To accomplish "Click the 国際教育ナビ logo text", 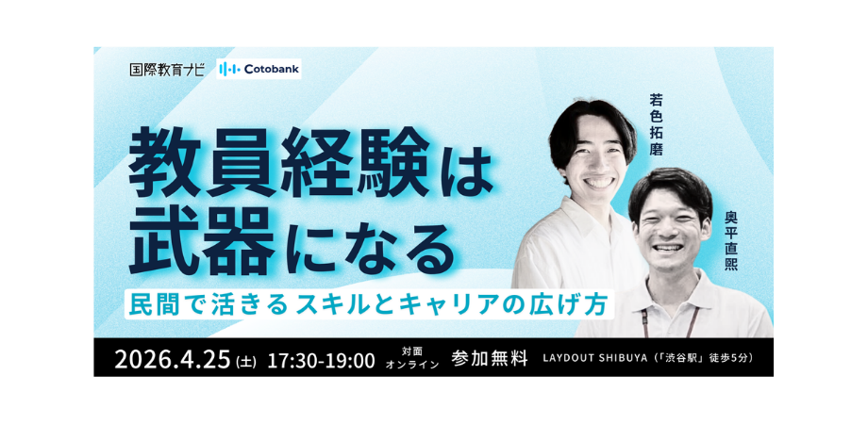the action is pyautogui.click(x=167, y=70).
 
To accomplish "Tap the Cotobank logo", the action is pyautogui.click(x=259, y=69).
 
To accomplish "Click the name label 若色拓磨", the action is pyautogui.click(x=656, y=123).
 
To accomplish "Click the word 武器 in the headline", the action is pyautogui.click(x=203, y=241).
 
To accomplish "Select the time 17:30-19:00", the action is pyautogui.click(x=322, y=361).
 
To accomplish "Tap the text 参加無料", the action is pyautogui.click(x=490, y=358).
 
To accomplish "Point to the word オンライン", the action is pyautogui.click(x=412, y=365).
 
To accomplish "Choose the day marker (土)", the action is pyautogui.click(x=246, y=362).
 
